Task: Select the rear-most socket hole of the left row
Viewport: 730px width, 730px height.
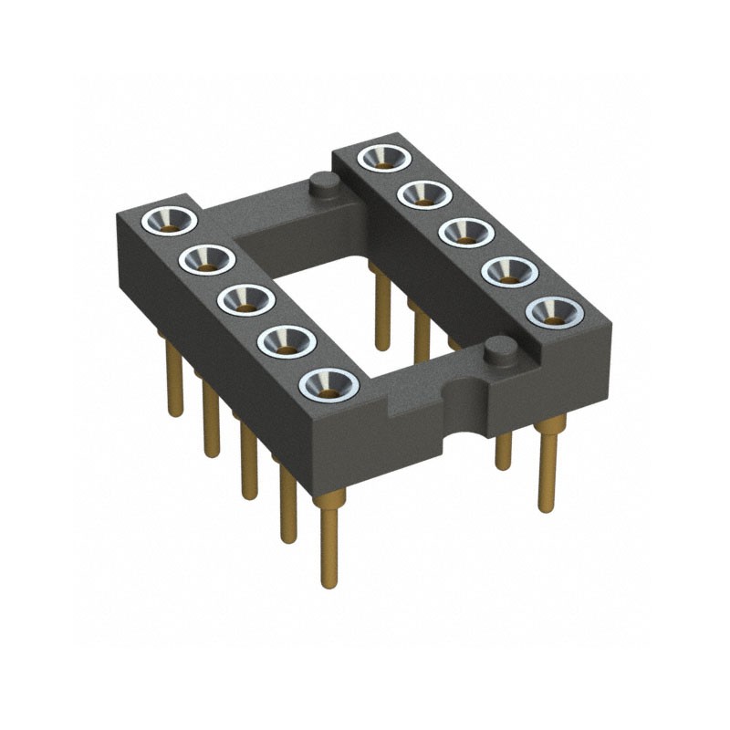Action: (x=171, y=221)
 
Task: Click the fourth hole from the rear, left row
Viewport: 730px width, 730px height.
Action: (x=287, y=342)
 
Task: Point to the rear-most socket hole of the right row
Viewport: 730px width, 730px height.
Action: (x=381, y=156)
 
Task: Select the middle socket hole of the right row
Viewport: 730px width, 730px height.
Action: (x=463, y=231)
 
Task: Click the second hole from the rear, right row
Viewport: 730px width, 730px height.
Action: (x=422, y=193)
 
